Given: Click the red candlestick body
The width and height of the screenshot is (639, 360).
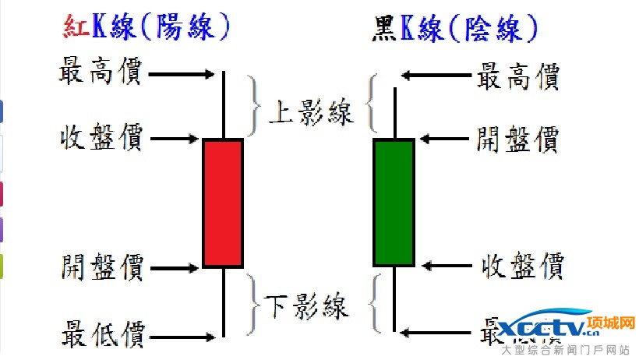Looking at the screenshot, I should pyautogui.click(x=223, y=203).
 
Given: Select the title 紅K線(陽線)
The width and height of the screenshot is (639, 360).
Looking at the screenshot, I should pyautogui.click(x=147, y=27).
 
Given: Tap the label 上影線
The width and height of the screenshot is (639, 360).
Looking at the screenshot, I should pyautogui.click(x=310, y=113).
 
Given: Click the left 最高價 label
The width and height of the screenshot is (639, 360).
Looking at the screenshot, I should pyautogui.click(x=100, y=73).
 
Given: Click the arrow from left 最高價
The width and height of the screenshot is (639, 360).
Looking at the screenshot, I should pyautogui.click(x=180, y=75).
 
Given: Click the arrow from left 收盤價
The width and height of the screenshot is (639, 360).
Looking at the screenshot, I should pyautogui.click(x=174, y=140).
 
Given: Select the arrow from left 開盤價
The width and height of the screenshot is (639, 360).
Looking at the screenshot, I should pyautogui.click(x=174, y=269).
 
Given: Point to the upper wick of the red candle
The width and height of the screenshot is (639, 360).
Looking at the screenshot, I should pyautogui.click(x=224, y=105).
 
